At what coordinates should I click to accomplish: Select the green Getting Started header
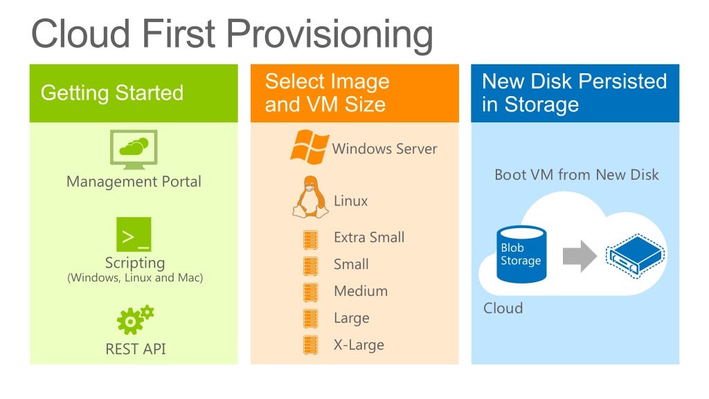(x=133, y=93)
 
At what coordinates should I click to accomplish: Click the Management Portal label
(x=134, y=182)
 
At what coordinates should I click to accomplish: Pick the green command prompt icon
(x=134, y=234)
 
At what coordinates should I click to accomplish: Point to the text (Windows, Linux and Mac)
(x=134, y=278)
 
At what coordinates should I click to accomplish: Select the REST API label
(x=135, y=349)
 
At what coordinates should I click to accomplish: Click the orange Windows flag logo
(x=309, y=147)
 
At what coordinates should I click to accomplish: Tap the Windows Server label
(x=384, y=149)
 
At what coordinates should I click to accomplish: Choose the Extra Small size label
(x=368, y=237)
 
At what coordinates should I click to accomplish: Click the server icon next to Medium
(x=310, y=292)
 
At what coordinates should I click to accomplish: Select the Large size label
(x=351, y=318)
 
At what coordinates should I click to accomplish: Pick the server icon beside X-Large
(x=310, y=345)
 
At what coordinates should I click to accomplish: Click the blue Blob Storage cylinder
(x=521, y=254)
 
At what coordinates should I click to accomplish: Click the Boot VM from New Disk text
(x=576, y=175)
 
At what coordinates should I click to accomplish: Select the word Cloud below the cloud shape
(x=503, y=308)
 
